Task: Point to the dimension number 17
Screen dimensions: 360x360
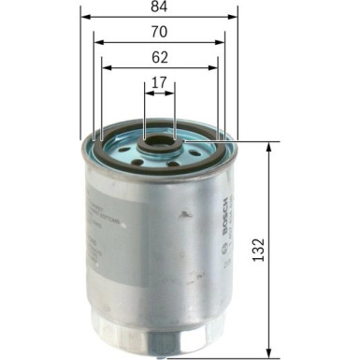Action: tap(159, 83)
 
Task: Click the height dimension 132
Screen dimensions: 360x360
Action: tap(259, 248)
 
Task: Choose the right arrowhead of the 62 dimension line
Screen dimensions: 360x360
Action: tap(214, 67)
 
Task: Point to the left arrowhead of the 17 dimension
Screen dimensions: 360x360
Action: tap(148, 92)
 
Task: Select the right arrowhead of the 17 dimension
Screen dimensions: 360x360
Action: tap(172, 92)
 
